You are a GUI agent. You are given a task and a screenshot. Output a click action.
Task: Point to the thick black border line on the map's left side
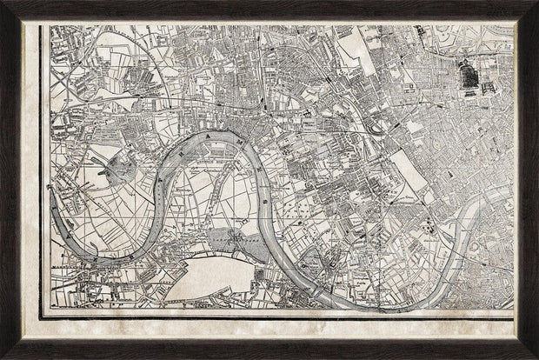click(x=43, y=174)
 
